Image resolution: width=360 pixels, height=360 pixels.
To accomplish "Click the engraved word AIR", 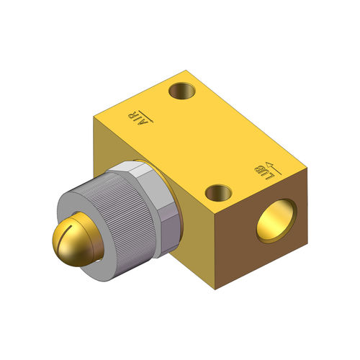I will [132, 119].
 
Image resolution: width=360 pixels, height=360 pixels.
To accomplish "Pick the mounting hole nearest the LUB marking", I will [218, 192].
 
